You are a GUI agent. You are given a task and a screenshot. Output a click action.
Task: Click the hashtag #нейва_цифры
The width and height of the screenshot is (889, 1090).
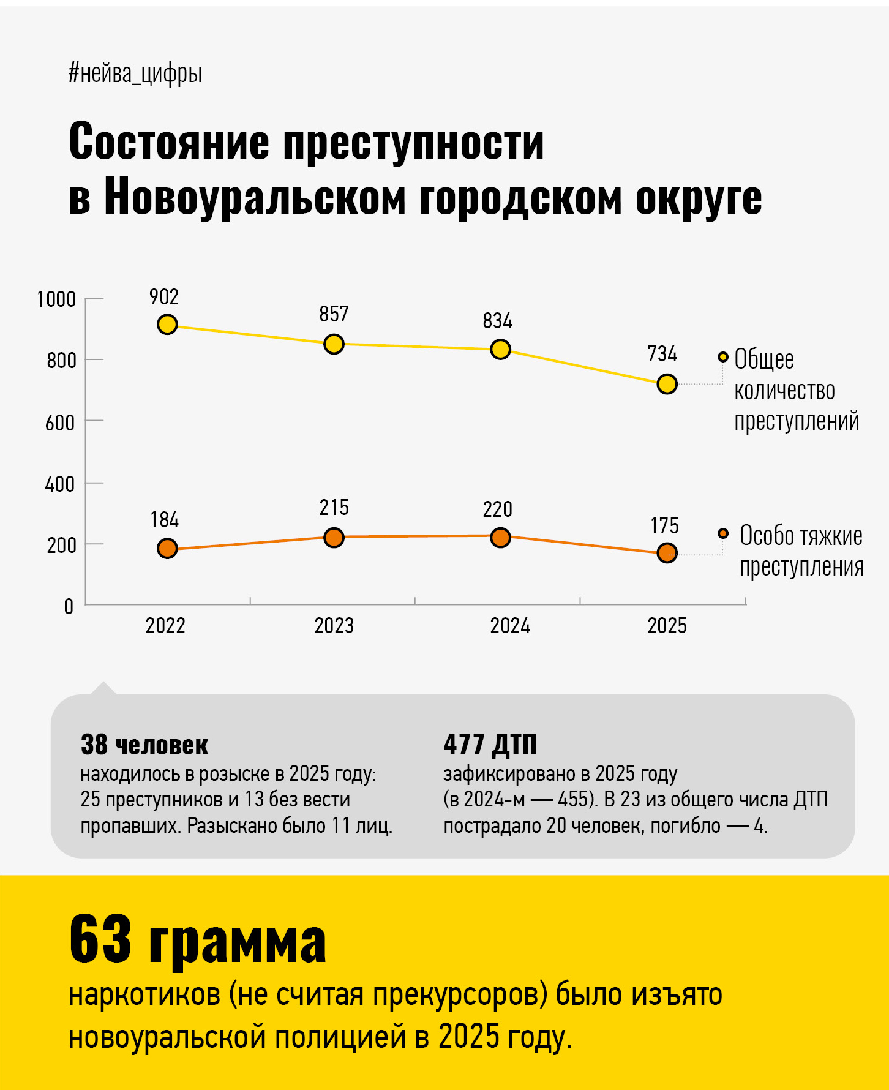(135, 73)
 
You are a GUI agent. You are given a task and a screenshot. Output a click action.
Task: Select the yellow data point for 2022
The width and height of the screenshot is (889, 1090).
(167, 325)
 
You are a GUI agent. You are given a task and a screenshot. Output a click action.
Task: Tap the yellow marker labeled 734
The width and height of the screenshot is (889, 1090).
(667, 384)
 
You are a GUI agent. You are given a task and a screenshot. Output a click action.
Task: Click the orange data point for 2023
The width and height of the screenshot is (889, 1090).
(334, 538)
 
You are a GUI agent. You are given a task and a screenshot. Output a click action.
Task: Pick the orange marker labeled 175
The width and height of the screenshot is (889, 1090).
(667, 553)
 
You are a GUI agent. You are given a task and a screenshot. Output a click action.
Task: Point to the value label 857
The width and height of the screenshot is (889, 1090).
(334, 314)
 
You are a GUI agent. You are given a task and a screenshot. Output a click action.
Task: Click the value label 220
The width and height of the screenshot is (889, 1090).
(497, 509)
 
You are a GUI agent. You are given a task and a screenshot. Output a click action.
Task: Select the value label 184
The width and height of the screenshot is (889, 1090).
(164, 520)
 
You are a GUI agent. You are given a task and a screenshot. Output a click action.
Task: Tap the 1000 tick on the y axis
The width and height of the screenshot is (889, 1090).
(56, 299)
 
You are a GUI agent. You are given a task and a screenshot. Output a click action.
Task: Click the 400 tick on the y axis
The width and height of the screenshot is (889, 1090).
(59, 484)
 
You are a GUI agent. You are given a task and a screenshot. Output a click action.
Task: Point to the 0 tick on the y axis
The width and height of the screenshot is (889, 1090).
(69, 606)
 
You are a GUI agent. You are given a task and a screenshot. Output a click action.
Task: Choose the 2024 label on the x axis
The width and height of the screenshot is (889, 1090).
(509, 626)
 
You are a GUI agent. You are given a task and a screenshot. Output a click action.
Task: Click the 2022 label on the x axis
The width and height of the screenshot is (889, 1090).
(165, 626)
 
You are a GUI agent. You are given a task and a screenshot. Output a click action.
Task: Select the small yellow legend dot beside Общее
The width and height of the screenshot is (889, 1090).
(723, 357)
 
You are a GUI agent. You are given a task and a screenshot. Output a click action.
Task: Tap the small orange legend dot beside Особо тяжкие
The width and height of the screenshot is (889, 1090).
(723, 533)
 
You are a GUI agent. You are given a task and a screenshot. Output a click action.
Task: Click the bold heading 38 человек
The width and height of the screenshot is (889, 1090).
(144, 745)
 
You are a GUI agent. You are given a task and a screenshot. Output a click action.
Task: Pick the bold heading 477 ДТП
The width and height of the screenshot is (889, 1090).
(490, 745)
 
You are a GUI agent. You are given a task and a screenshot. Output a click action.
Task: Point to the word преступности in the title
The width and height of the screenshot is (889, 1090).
(413, 142)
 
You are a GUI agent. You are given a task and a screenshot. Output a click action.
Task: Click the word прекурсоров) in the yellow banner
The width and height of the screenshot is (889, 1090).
(460, 995)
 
